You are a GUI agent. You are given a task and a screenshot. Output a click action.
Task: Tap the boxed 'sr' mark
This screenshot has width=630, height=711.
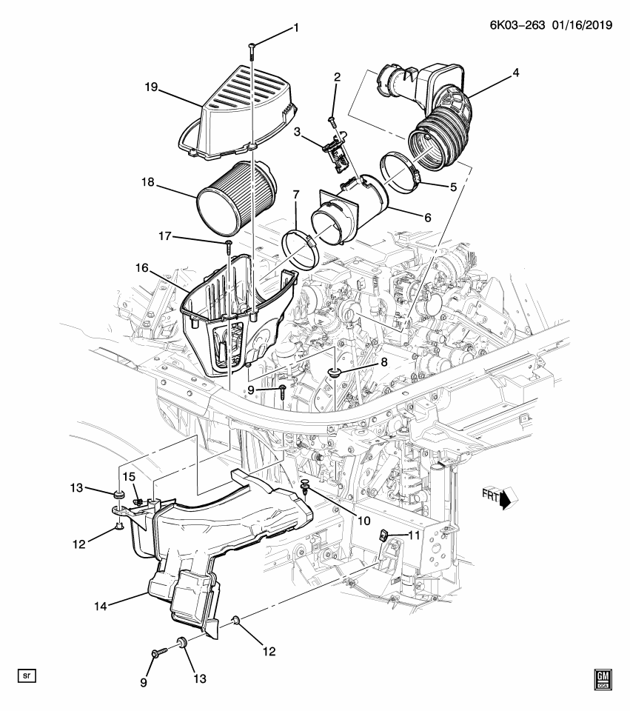(27, 676)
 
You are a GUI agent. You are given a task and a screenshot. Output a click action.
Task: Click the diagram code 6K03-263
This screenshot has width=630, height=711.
(517, 24)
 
